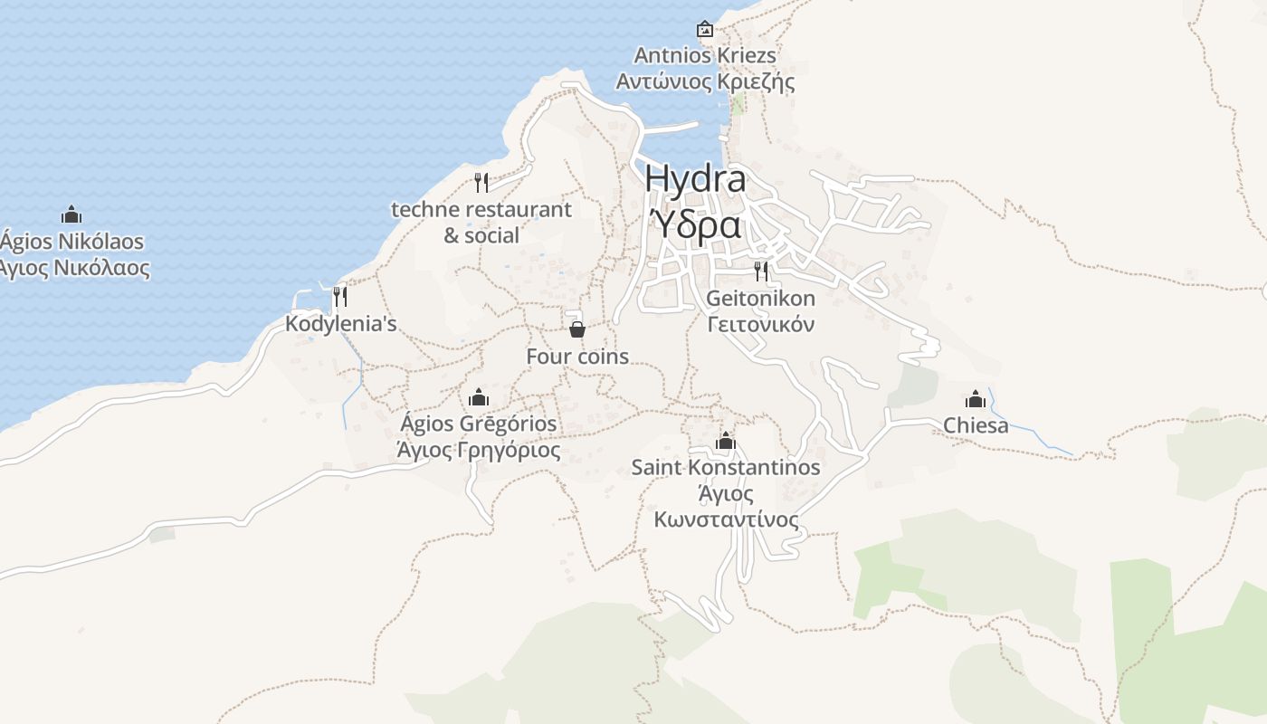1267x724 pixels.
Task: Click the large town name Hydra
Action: (695, 178)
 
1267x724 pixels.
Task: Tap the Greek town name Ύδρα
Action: (695, 224)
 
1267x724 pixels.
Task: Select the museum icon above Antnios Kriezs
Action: (705, 29)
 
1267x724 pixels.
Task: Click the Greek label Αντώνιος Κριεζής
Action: (705, 81)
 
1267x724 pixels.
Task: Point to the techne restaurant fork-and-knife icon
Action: (481, 183)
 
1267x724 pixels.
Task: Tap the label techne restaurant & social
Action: (481, 223)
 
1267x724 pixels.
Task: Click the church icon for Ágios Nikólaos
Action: (71, 214)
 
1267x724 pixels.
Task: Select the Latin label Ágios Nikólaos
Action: (71, 242)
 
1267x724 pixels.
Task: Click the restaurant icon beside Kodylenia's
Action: (340, 296)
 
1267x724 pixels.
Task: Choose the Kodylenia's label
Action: (340, 323)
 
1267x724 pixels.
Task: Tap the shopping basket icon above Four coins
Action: (577, 329)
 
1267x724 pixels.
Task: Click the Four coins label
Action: (577, 357)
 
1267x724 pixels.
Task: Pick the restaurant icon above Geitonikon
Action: (761, 271)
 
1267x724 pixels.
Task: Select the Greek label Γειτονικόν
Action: (761, 324)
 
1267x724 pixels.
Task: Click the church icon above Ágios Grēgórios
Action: (479, 397)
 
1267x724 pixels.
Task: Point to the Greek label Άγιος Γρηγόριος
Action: (479, 450)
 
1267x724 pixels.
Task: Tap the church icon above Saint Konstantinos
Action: (726, 442)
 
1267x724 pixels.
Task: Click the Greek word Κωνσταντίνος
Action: (726, 519)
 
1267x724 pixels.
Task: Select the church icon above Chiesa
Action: (976, 399)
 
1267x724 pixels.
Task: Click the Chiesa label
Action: (976, 425)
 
